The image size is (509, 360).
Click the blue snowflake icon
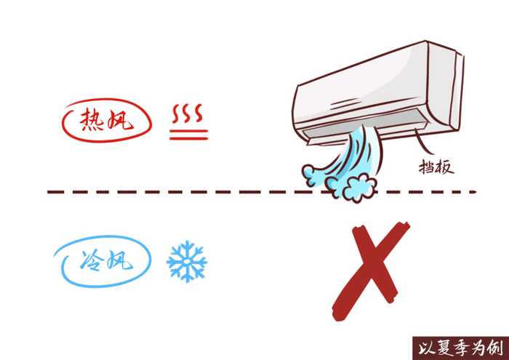click(x=187, y=262)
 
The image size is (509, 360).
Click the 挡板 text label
click(x=436, y=167)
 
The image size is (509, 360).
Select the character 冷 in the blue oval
click(x=87, y=260)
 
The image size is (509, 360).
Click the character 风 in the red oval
click(x=122, y=121)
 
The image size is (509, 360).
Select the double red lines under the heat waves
click(x=190, y=133)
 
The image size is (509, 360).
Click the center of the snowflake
click(x=187, y=262)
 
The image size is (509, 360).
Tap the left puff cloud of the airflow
click(x=316, y=175)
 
